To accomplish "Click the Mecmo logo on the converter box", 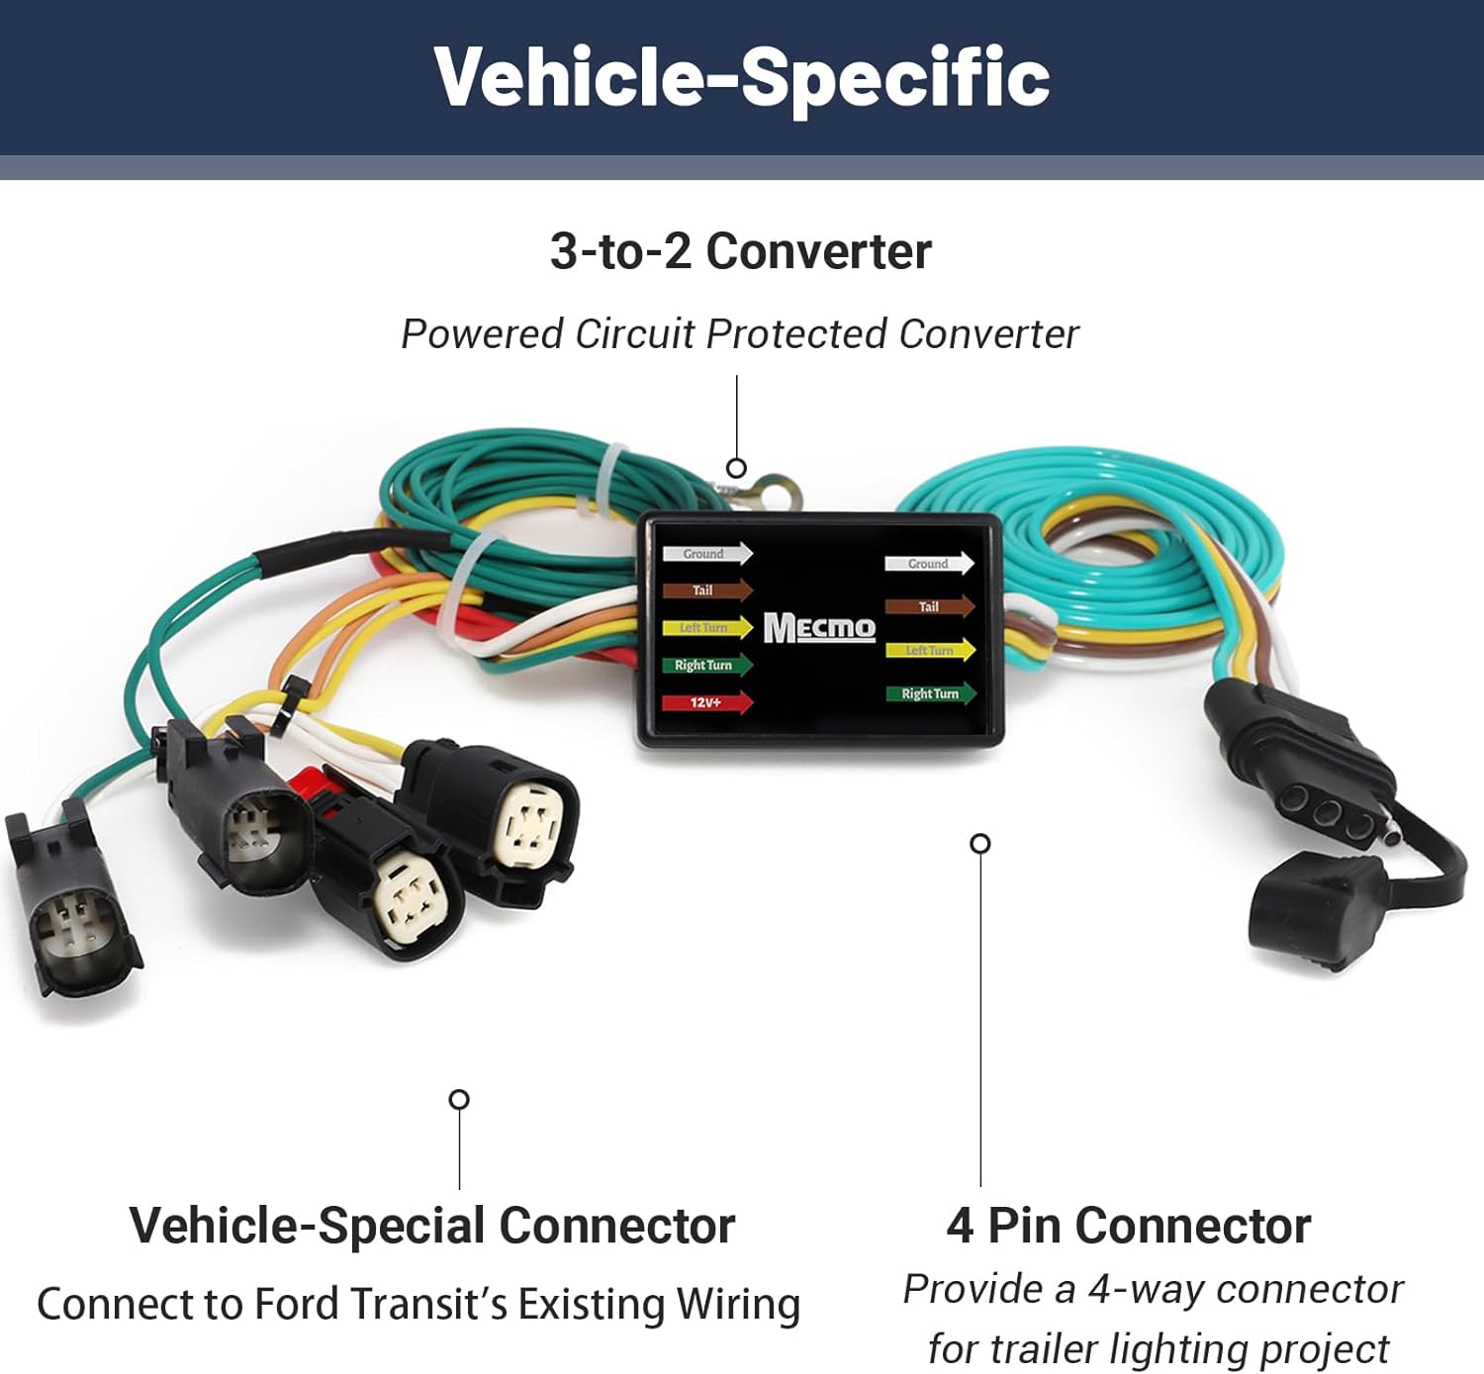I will point(819,627).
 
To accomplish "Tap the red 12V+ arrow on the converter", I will point(707,702).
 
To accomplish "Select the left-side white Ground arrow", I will point(707,554).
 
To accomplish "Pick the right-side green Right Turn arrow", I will point(930,693).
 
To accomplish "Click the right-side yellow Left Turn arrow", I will point(930,650).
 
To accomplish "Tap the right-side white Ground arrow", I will point(929,564).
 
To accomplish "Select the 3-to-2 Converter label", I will point(741,251).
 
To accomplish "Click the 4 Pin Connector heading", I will point(1129,1226).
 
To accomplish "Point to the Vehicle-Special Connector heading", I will point(432,1226).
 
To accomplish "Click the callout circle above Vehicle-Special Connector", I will point(459,1099).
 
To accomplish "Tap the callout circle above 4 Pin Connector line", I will point(980,843).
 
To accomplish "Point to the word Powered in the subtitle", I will point(482,334).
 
